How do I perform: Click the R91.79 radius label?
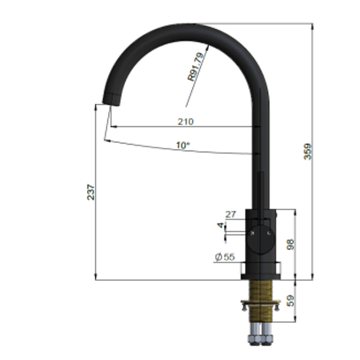pyautogui.click(x=196, y=67)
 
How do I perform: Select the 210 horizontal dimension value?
pyautogui.click(x=185, y=122)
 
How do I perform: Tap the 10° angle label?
pyautogui.click(x=183, y=145)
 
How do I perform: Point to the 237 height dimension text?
pyautogui.click(x=91, y=192)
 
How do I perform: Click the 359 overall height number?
pyautogui.click(x=307, y=151)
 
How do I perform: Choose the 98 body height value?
pyautogui.click(x=290, y=244)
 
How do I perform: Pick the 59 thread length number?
pyautogui.click(x=290, y=300)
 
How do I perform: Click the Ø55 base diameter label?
pyautogui.click(x=225, y=257)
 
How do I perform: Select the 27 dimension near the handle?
pyautogui.click(x=230, y=214)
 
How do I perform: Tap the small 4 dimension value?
pyautogui.click(x=220, y=225)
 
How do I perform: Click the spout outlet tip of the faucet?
pyautogui.click(x=111, y=100)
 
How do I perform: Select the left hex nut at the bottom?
pyautogui.click(x=254, y=339)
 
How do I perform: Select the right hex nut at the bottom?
pyautogui.click(x=267, y=339)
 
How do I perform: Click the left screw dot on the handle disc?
pyautogui.click(x=253, y=233)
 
